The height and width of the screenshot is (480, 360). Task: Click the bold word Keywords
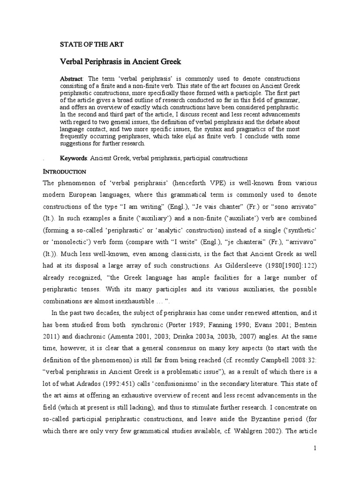click(x=74, y=158)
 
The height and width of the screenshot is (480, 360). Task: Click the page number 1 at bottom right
click(x=315, y=448)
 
